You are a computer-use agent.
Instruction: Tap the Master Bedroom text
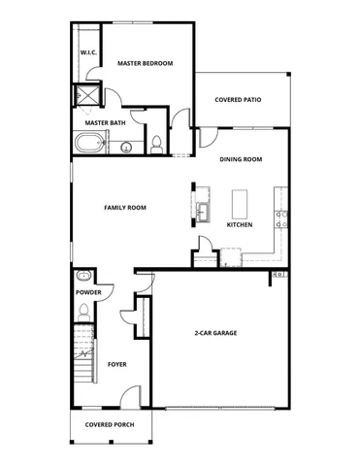tap(145, 63)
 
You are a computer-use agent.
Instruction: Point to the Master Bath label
tap(104, 122)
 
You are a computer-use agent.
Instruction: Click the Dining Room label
tap(241, 159)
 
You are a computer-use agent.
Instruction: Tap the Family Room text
tap(124, 208)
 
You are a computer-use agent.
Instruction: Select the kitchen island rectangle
tap(240, 204)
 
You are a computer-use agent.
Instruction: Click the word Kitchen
tap(240, 224)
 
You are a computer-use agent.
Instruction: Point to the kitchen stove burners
tap(279, 217)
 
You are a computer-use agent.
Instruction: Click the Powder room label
tap(88, 291)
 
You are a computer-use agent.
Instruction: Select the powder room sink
tap(85, 275)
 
